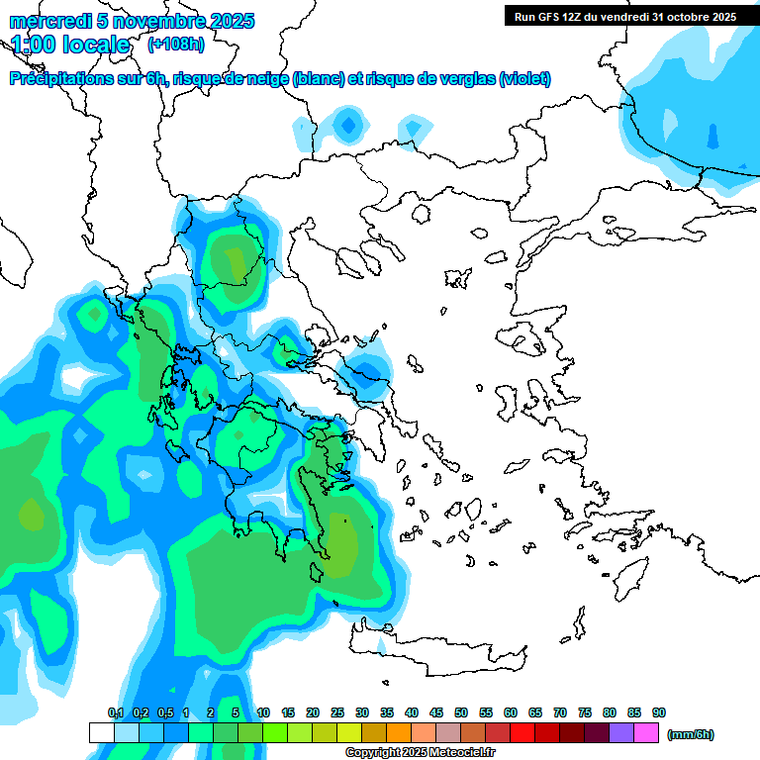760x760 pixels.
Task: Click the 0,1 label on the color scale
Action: pyautogui.click(x=115, y=712)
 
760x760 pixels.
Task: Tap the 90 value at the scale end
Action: pyautogui.click(x=659, y=712)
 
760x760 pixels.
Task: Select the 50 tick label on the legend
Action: pyautogui.click(x=461, y=712)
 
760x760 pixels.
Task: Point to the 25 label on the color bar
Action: pyautogui.click(x=337, y=712)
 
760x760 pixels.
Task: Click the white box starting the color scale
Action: pyautogui.click(x=102, y=732)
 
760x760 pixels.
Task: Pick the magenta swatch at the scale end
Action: pyautogui.click(x=646, y=732)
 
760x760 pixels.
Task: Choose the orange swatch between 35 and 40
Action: pyautogui.click(x=399, y=732)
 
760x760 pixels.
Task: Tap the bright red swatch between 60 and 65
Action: pyautogui.click(x=522, y=732)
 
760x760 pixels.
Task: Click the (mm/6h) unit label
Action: pyautogui.click(x=691, y=734)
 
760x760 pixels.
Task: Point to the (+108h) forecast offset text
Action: pyautogui.click(x=176, y=45)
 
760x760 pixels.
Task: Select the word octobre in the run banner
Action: pyautogui.click(x=689, y=17)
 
